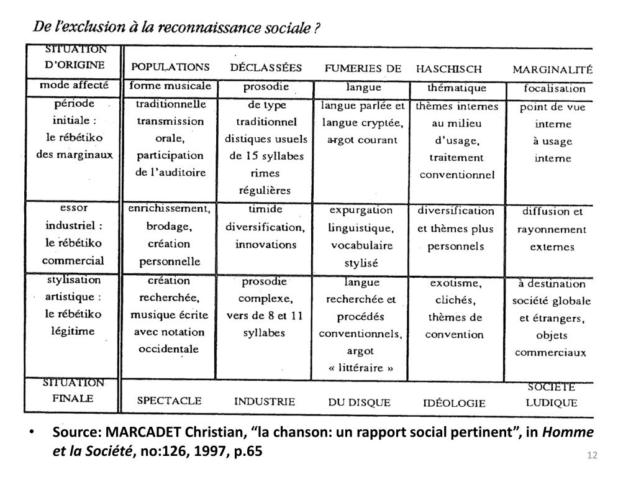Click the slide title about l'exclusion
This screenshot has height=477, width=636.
176,28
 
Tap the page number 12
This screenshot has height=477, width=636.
591,455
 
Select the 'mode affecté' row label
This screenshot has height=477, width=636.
74,86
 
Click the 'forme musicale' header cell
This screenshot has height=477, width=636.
170,86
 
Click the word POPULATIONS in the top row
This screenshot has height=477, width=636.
170,67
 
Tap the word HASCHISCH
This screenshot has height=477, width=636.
448,69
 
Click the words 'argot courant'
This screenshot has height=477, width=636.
362,140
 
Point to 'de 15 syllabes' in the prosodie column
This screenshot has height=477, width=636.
266,156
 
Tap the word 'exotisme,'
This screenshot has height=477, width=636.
455,284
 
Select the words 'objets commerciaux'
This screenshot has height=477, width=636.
551,344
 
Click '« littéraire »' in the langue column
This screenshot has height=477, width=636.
361,368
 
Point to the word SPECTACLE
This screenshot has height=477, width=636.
170,401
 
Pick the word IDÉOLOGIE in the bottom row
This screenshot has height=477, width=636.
455,402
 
